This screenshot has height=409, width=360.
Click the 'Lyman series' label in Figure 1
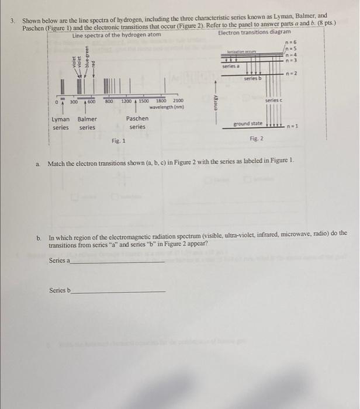(x=61, y=123)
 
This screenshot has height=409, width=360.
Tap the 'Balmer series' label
(x=88, y=123)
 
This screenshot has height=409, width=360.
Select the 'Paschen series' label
(x=137, y=122)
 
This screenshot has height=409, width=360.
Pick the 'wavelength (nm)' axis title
(x=166, y=108)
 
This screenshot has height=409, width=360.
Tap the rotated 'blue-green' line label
(x=87, y=56)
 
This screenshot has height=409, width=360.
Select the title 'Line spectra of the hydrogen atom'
(x=116, y=35)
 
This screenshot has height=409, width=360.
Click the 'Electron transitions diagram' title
(x=254, y=33)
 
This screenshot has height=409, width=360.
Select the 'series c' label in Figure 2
(x=274, y=101)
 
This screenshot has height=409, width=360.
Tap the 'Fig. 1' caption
(x=119, y=141)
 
